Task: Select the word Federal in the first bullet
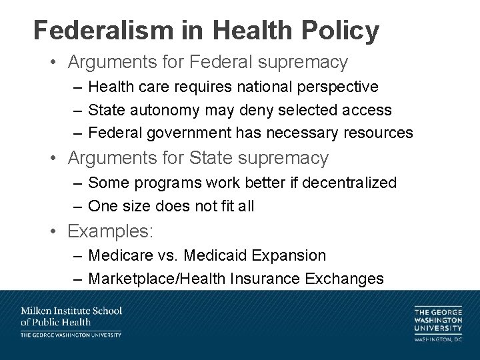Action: [219, 63]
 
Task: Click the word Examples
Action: [111, 232]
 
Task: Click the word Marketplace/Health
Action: [159, 279]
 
